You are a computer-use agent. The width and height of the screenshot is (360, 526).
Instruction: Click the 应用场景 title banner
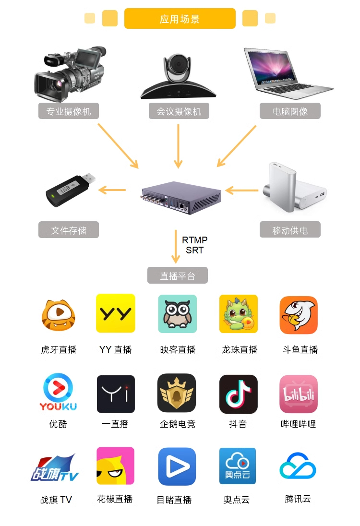[x=180, y=18]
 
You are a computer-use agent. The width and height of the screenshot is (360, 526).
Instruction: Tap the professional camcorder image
[x=70, y=74]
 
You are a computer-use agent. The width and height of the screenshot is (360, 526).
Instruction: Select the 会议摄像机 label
[x=179, y=111]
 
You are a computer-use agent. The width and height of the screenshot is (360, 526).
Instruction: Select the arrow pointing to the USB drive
[x=112, y=190]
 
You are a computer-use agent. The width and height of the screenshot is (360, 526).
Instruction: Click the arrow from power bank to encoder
[x=241, y=191]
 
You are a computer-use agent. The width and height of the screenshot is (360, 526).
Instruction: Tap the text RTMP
[x=194, y=240]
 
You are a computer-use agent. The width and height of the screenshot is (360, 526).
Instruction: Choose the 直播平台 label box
[x=178, y=275]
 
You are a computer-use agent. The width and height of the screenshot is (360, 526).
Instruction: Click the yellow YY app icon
[x=115, y=313]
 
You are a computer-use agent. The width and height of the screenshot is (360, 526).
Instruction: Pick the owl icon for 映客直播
[x=178, y=314]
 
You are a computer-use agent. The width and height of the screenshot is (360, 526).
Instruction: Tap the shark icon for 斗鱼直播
[x=299, y=315]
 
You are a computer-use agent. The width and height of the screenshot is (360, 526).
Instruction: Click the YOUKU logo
[x=59, y=392]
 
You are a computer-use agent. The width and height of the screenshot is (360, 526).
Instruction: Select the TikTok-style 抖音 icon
[x=239, y=394]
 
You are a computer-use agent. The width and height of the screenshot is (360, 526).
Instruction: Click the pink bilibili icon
[x=299, y=394]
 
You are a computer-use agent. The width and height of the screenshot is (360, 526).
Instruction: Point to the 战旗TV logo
[x=55, y=467]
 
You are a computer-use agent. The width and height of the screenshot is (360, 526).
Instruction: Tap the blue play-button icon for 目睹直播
[x=177, y=466]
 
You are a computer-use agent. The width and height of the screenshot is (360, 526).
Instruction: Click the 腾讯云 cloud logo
[x=298, y=466]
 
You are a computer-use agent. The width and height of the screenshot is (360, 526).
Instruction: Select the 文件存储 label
[x=69, y=230]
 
